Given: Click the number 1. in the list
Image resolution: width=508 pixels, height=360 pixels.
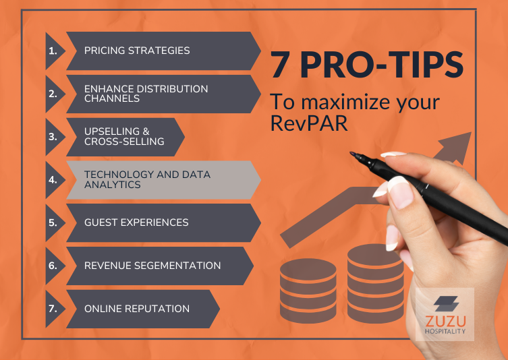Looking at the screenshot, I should pyautogui.click(x=52, y=51).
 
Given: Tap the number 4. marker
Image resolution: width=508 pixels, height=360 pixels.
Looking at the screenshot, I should pyautogui.click(x=52, y=180).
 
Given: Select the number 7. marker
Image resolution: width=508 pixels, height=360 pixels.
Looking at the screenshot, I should pyautogui.click(x=52, y=309).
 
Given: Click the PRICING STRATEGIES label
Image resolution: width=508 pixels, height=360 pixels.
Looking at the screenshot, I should pyautogui.click(x=137, y=51).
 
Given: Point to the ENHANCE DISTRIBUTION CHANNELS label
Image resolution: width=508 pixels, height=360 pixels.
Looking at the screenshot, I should pyautogui.click(x=146, y=94).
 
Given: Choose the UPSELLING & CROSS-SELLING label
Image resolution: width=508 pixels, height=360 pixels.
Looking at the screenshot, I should pyautogui.click(x=123, y=137).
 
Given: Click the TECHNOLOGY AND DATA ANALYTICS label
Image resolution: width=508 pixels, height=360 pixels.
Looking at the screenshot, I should pyautogui.click(x=147, y=179).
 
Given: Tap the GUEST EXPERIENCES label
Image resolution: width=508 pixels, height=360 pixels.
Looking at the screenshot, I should pyautogui.click(x=136, y=222).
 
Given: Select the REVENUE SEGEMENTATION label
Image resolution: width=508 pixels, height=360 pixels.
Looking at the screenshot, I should pyautogui.click(x=152, y=266).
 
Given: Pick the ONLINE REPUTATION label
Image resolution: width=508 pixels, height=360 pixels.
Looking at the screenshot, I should pyautogui.click(x=137, y=309).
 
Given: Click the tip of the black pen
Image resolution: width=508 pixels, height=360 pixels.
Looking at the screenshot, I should pyautogui.click(x=352, y=154).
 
